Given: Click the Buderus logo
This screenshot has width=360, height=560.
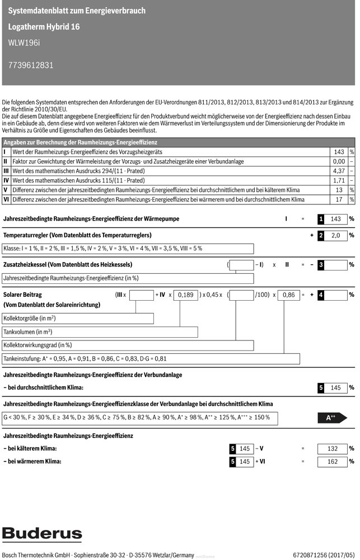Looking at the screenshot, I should pyautogui.click(x=42, y=534).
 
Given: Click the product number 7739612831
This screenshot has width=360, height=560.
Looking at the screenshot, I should pyautogui.click(x=31, y=65).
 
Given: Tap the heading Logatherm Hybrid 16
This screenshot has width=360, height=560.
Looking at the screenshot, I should pyautogui.click(x=44, y=26).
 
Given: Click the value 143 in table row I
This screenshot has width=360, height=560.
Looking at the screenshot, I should pyautogui.click(x=339, y=152).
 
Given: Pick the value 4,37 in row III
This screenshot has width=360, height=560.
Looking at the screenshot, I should pyautogui.click(x=339, y=170).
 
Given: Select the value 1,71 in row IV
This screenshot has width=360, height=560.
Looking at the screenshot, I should pyautogui.click(x=339, y=180).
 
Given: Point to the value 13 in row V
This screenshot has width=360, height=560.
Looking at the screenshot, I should pyautogui.click(x=339, y=190).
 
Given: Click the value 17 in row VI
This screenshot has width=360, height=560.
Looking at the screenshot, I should pyautogui.click(x=339, y=199).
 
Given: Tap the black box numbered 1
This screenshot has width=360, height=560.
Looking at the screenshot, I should pyautogui.click(x=321, y=219).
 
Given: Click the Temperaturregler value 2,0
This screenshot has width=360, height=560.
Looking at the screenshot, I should pyautogui.click(x=336, y=236).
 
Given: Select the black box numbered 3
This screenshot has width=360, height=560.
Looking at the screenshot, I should pyautogui.click(x=321, y=264).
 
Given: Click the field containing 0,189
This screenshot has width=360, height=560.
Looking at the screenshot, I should pyautogui.click(x=185, y=294).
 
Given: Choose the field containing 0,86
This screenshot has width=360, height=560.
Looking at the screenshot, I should pyautogui.click(x=289, y=294).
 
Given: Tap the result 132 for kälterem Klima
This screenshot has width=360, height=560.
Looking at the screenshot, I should pyautogui.click(x=333, y=449).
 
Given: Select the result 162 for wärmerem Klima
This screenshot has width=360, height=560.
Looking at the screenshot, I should pyautogui.click(x=333, y=461).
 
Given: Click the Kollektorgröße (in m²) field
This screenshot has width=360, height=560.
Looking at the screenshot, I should pyautogui.click(x=78, y=318).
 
